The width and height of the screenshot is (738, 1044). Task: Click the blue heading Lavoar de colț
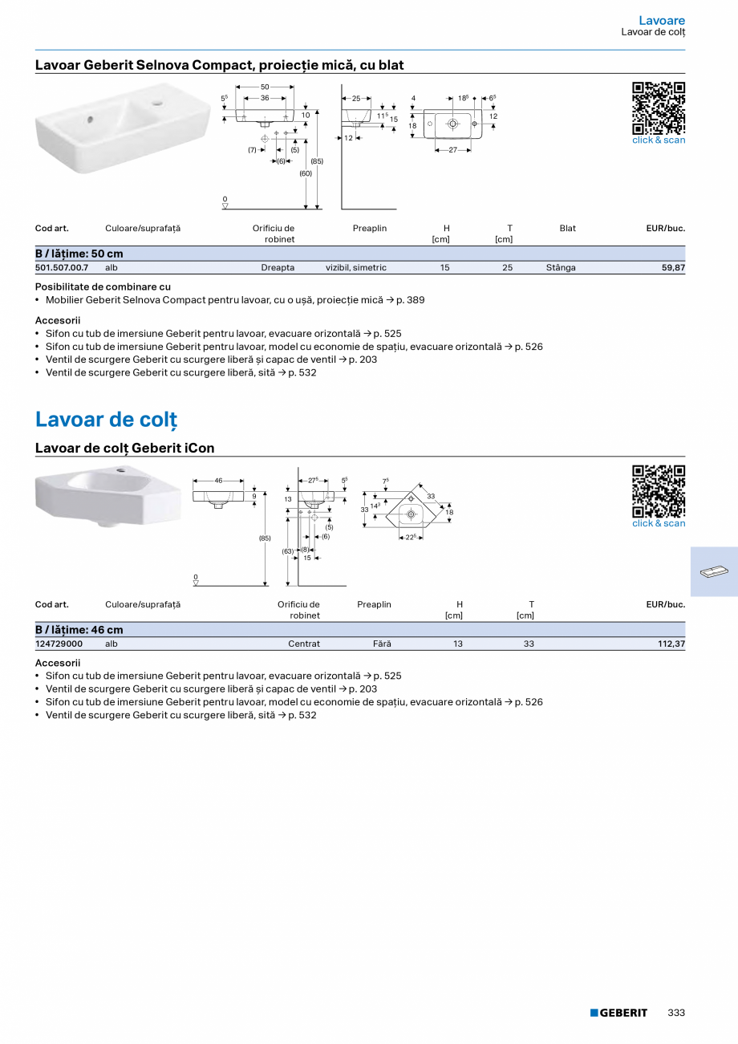click(x=106, y=420)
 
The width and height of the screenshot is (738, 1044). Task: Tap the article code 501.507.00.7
click(x=62, y=268)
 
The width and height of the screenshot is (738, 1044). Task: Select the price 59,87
click(x=673, y=268)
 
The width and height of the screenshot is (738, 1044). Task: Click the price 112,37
click(x=671, y=644)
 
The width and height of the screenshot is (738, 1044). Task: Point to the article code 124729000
click(x=59, y=644)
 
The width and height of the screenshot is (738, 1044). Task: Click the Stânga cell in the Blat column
click(x=561, y=268)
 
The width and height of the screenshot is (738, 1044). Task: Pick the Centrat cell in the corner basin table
click(x=304, y=644)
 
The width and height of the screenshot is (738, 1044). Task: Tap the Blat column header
click(x=567, y=229)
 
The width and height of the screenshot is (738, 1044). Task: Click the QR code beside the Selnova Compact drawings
click(x=659, y=108)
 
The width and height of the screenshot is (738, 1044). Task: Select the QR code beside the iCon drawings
click(x=659, y=491)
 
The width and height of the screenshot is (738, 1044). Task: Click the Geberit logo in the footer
click(x=618, y=1013)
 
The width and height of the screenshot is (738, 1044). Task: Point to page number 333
click(x=676, y=1013)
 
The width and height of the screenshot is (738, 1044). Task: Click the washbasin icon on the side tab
click(x=713, y=571)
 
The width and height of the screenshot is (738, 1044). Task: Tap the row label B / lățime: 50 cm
click(x=79, y=254)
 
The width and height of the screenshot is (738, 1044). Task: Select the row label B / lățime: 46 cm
click(x=79, y=630)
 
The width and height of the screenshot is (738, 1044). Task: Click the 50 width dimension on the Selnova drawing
click(x=265, y=87)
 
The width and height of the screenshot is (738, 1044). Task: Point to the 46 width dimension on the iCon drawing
click(x=218, y=481)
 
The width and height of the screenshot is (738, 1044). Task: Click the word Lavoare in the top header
click(x=662, y=20)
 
